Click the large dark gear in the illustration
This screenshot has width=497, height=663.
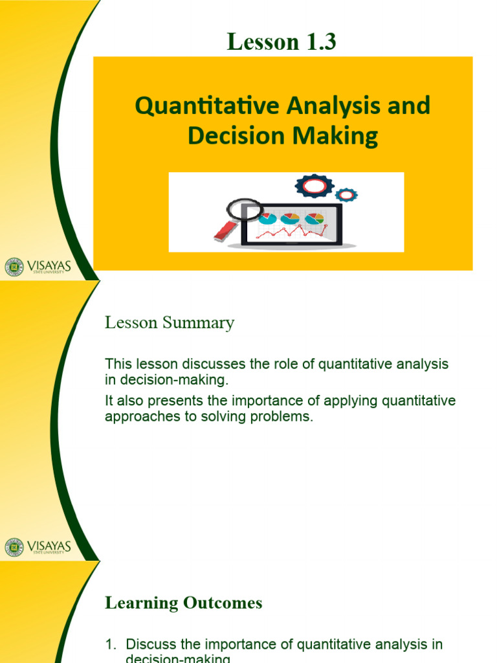tap(315, 186)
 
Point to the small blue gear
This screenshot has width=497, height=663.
tap(347, 194)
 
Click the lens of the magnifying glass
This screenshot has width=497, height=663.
tap(244, 209)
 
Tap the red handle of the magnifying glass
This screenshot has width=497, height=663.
tap(223, 231)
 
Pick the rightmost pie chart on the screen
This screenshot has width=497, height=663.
tap(315, 219)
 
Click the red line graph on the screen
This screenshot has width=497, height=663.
tap(291, 231)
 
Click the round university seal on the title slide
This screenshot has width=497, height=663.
tap(14, 267)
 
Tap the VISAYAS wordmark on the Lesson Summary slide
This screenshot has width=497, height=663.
tap(49, 545)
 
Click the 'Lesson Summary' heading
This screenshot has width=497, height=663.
tap(170, 323)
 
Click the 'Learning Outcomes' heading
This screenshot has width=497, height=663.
tap(184, 603)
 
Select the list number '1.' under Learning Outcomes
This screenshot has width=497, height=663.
tap(111, 644)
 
